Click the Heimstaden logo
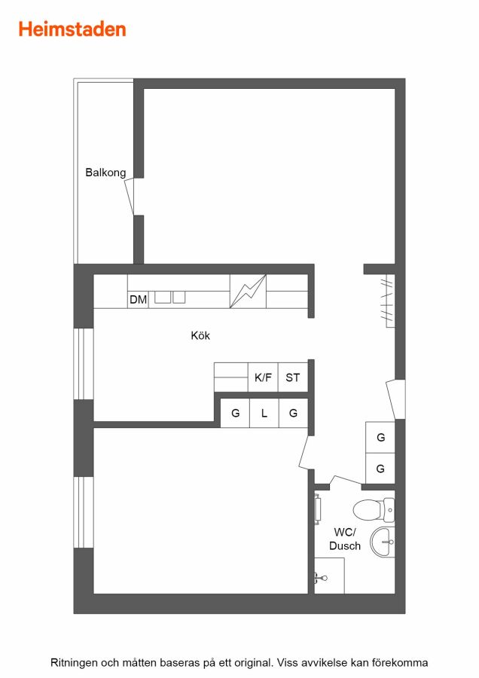coord(72,29)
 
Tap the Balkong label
coord(105,173)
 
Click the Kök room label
coord(200,335)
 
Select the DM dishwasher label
coord(138,299)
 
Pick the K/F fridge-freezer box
coord(263,377)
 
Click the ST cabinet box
coord(293,377)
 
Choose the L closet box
coord(264,413)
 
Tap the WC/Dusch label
coord(344,539)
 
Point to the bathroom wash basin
coord(383,542)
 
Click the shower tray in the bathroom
coord(329,576)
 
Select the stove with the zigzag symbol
coord(248,291)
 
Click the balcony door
coord(130,197)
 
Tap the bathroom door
coord(346,480)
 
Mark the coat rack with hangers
coord(387,301)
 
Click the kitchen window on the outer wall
coord(84,364)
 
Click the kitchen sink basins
coord(170,297)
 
